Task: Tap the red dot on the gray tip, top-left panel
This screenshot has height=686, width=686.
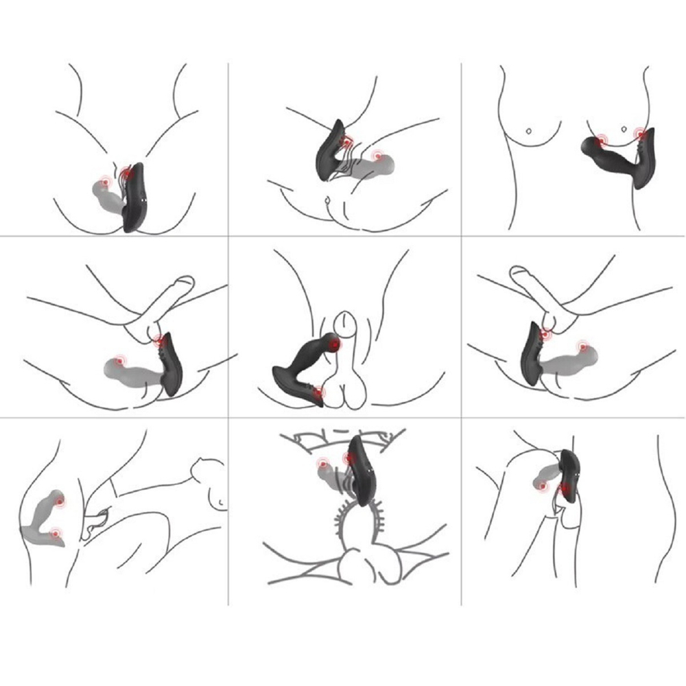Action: click(x=105, y=182)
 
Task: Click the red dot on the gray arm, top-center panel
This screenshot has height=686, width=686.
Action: click(x=377, y=156)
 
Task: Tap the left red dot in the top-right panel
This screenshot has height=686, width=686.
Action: click(x=601, y=141)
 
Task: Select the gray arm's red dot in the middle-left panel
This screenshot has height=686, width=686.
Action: click(x=120, y=360)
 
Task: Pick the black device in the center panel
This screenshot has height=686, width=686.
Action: click(x=302, y=367)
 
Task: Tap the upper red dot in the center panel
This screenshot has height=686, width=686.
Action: click(x=334, y=344)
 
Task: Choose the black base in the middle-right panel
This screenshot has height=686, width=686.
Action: click(x=532, y=353)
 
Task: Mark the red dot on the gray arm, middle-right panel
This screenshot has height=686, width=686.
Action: click(x=582, y=346)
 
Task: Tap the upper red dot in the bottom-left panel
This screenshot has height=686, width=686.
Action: click(x=60, y=502)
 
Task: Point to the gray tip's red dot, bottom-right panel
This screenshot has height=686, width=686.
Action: click(x=543, y=486)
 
